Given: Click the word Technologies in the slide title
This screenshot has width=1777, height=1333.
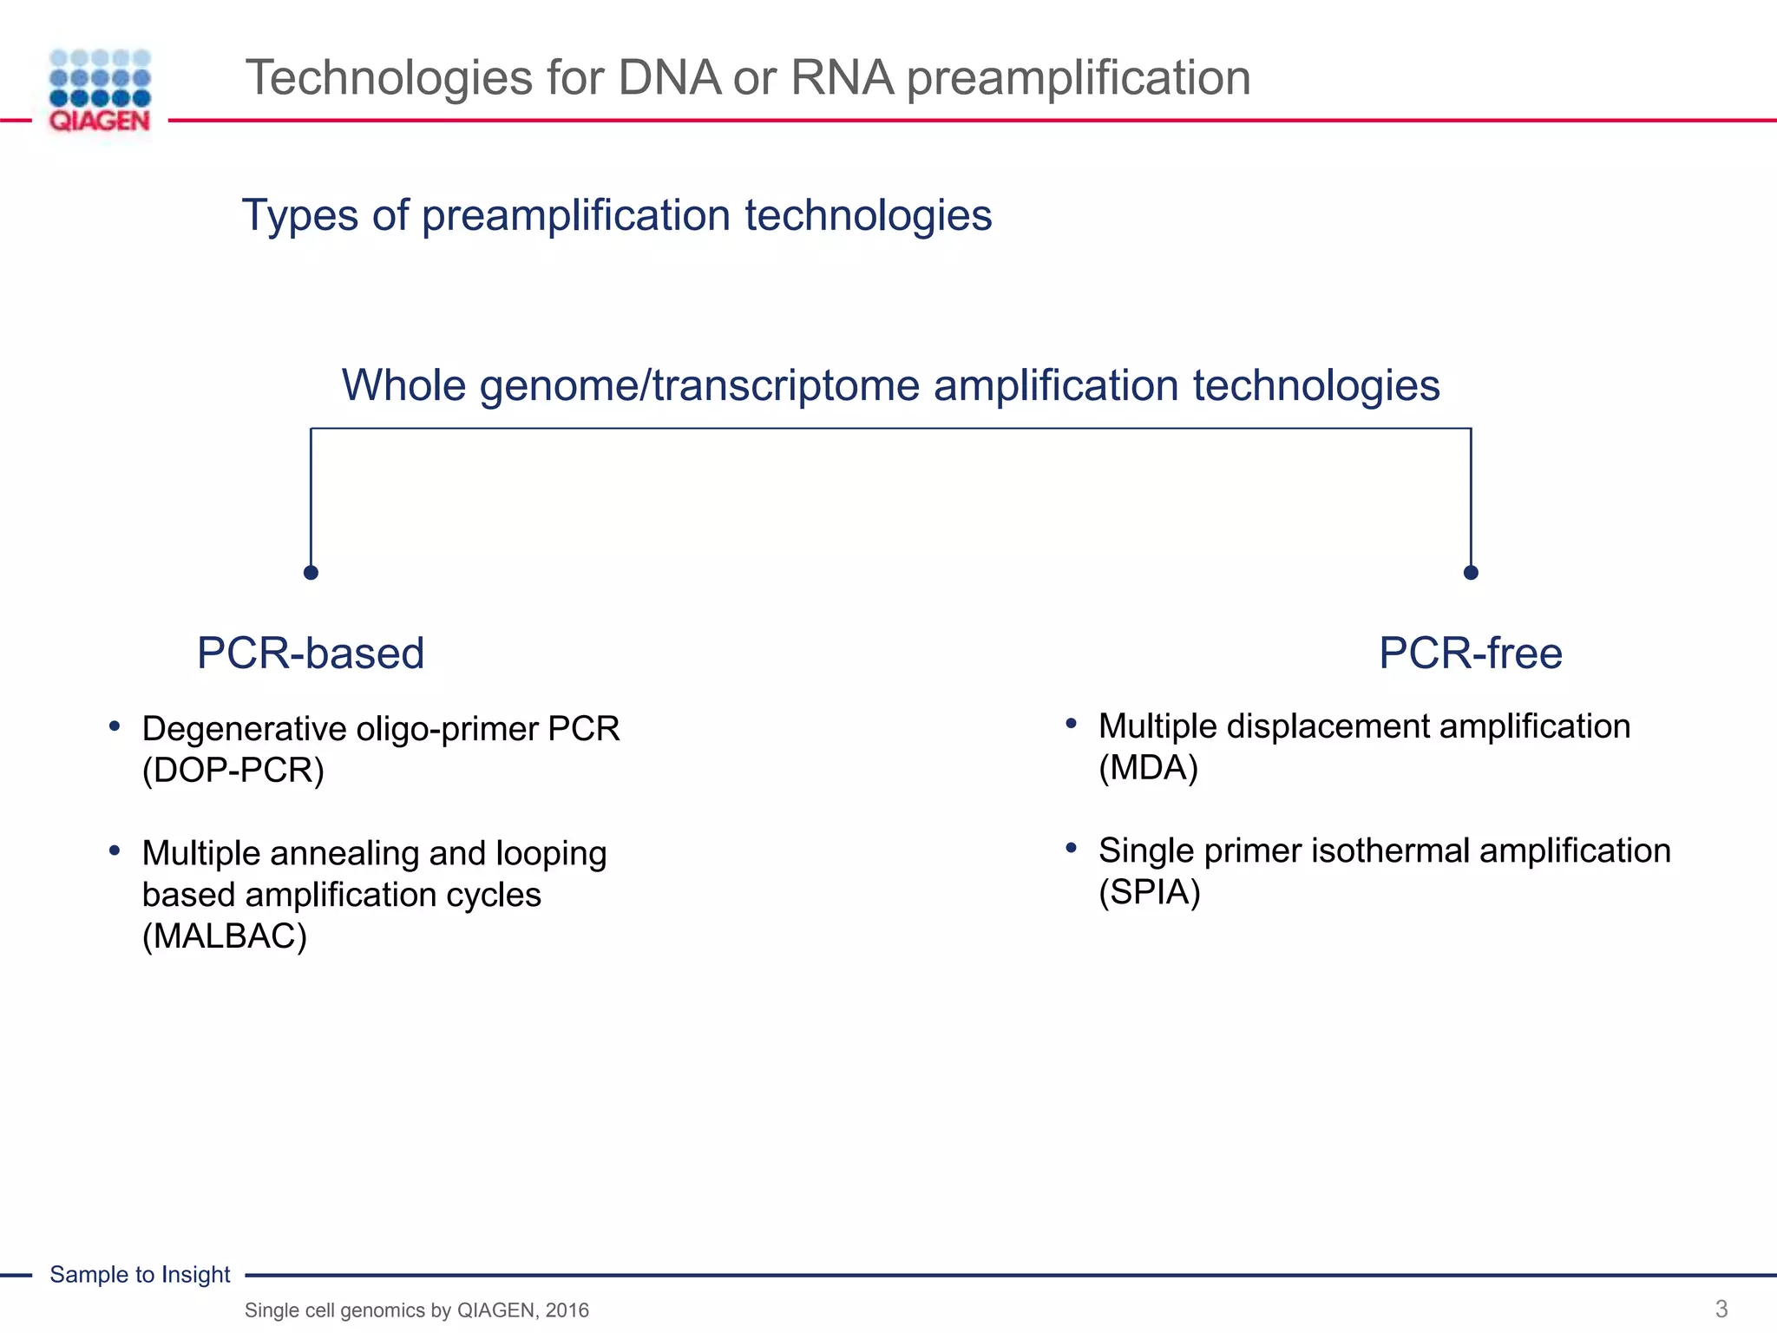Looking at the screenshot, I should pyautogui.click(x=388, y=77).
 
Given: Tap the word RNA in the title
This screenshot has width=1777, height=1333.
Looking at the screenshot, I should pyautogui.click(x=842, y=77).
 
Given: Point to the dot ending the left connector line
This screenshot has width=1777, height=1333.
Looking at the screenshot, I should pyautogui.click(x=311, y=573).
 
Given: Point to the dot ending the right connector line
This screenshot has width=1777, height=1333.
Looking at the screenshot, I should pyautogui.click(x=1471, y=573).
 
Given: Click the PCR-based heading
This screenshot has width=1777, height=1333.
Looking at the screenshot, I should pyautogui.click(x=311, y=653).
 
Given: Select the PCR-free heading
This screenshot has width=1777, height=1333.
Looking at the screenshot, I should pyautogui.click(x=1471, y=653).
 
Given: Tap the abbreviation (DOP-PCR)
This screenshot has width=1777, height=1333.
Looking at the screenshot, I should pyautogui.click(x=233, y=771).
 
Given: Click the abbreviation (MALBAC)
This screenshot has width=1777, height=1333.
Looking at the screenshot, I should pyautogui.click(x=225, y=936).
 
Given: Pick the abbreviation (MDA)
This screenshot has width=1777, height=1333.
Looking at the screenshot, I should pyautogui.click(x=1148, y=768).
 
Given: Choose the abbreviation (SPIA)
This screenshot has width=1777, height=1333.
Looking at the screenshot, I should pyautogui.click(x=1150, y=892).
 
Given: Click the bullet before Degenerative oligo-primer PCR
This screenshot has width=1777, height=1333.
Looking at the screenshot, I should pyautogui.click(x=115, y=726).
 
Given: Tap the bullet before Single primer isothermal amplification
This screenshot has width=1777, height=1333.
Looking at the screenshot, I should pyautogui.click(x=1072, y=848).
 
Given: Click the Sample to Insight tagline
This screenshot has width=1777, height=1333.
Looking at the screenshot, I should pyautogui.click(x=140, y=1274).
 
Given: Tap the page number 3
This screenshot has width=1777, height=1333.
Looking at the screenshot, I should pyautogui.click(x=1721, y=1309).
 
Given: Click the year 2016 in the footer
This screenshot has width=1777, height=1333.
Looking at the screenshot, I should pyautogui.click(x=567, y=1310).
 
